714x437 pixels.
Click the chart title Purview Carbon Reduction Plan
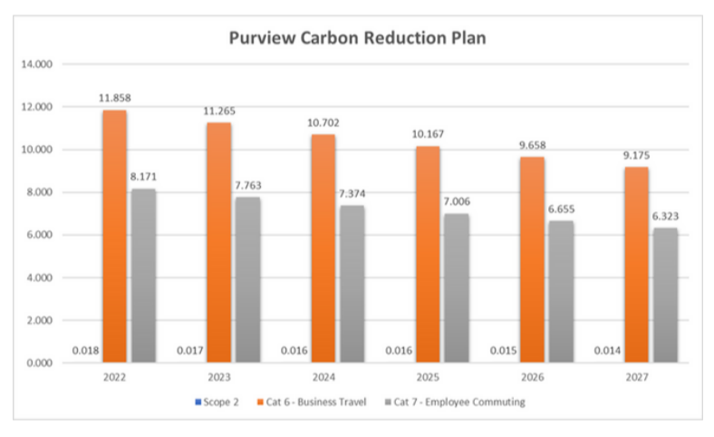[x=359, y=39]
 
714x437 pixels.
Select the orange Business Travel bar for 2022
[x=115, y=236]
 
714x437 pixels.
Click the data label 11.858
[x=115, y=96]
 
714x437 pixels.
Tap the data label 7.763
[x=247, y=184]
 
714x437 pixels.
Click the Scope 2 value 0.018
[x=86, y=350]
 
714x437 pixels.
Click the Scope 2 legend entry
[x=218, y=402]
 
